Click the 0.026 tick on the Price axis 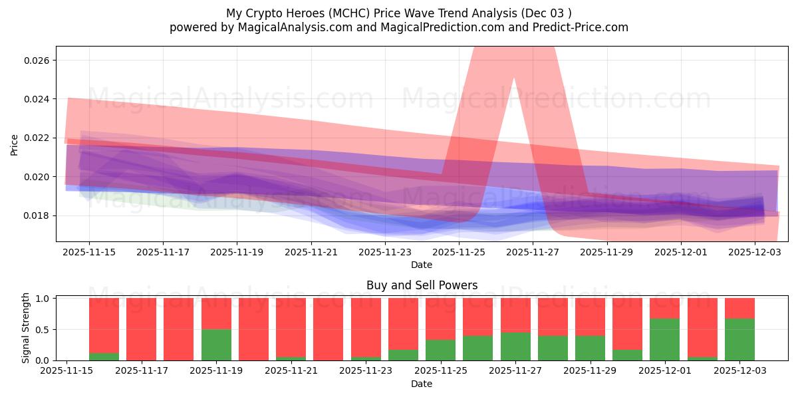(x=39, y=61)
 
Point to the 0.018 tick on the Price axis (x=39, y=215)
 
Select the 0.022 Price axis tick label (x=39, y=138)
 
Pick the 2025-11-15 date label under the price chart (x=89, y=253)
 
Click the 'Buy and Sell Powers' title (x=422, y=285)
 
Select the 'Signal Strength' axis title (x=25, y=329)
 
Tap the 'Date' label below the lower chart (x=422, y=384)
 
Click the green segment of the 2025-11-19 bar (x=216, y=344)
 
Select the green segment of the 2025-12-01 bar (x=665, y=339)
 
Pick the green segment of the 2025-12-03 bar (x=739, y=339)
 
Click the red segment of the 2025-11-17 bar (x=141, y=329)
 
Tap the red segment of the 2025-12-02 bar (x=702, y=326)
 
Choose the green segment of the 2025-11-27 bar (x=515, y=346)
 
